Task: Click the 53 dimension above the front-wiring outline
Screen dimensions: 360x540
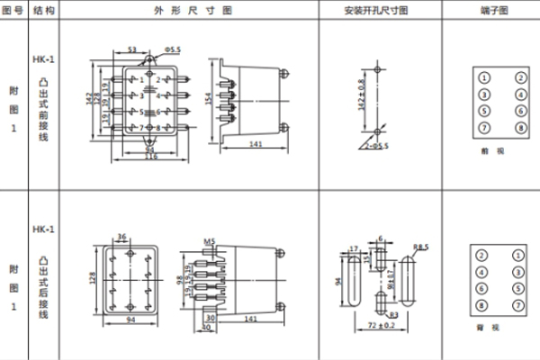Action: (x=131, y=49)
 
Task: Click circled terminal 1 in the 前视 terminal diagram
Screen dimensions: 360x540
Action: (x=483, y=77)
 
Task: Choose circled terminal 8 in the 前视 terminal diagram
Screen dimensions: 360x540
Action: (x=520, y=127)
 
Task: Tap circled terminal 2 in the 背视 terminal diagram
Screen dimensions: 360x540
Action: (x=483, y=256)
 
